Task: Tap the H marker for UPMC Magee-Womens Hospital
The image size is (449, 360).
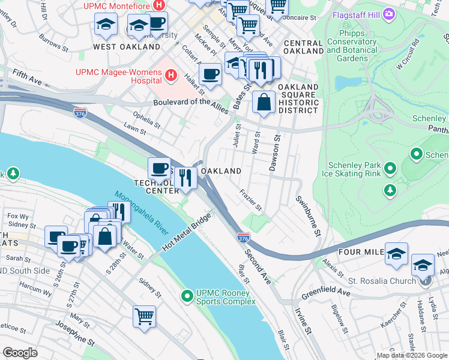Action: pyautogui.click(x=172, y=75)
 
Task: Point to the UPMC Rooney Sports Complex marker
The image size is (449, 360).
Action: pyautogui.click(x=187, y=295)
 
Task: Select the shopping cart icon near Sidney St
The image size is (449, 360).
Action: pyautogui.click(x=144, y=316)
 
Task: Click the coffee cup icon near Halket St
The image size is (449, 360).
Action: pyautogui.click(x=210, y=74)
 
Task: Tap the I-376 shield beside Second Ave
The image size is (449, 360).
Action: pyautogui.click(x=243, y=239)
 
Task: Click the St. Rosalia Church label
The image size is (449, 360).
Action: pyautogui.click(x=382, y=281)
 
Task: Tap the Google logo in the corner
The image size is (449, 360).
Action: pyautogui.click(x=20, y=353)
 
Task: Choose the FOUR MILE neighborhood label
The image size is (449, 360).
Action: pyautogui.click(x=358, y=253)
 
